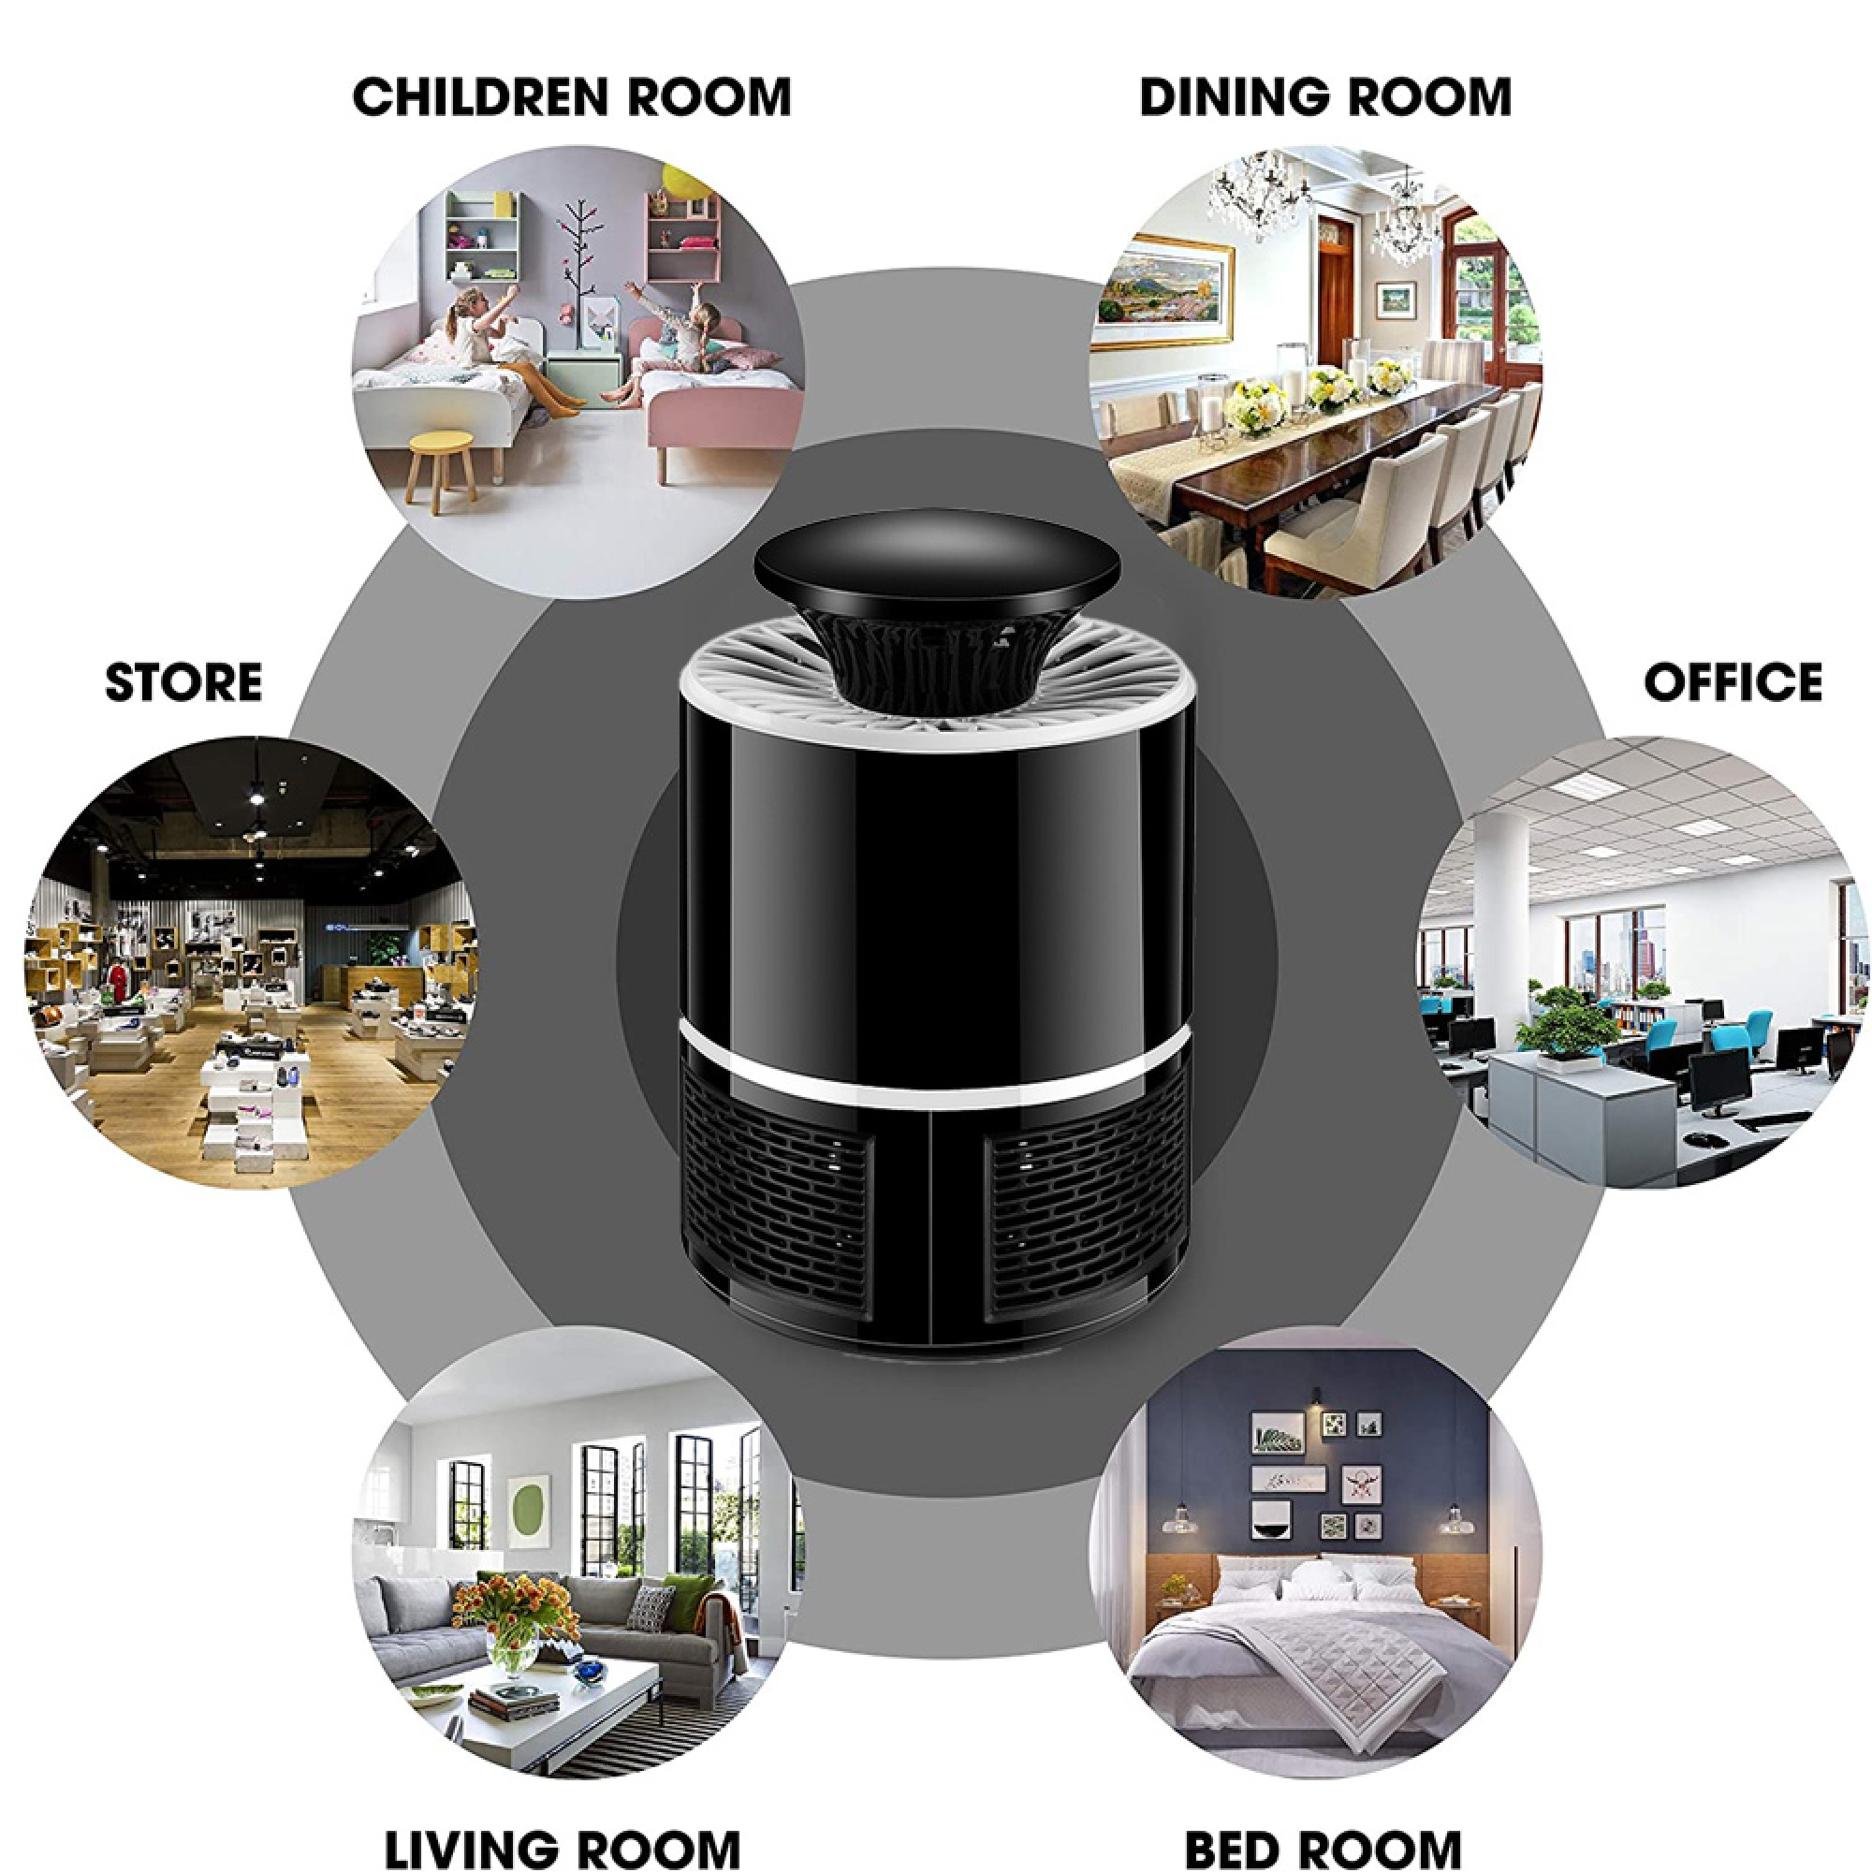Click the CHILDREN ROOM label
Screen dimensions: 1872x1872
572,97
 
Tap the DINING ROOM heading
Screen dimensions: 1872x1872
1325,97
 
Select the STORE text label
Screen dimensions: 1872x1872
183,682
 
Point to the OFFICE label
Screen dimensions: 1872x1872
1733,682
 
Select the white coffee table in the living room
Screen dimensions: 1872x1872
523,1715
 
